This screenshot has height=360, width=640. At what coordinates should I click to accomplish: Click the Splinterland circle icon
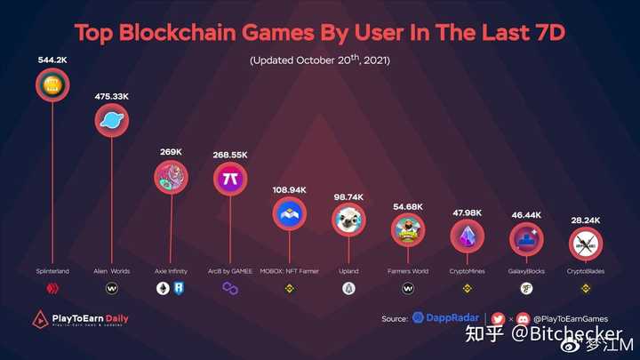pyautogui.click(x=52, y=86)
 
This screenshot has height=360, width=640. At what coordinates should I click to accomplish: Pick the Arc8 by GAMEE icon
pyautogui.click(x=230, y=179)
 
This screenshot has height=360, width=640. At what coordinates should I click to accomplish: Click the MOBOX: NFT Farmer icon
pyautogui.click(x=289, y=212)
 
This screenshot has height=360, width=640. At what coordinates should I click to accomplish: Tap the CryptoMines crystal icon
pyautogui.click(x=468, y=236)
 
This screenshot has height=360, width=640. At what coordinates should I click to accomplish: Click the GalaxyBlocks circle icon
pyautogui.click(x=526, y=238)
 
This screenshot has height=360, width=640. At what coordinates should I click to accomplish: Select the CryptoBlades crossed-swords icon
pyautogui.click(x=585, y=243)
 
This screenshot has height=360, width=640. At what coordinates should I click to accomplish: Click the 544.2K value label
pyautogui.click(x=53, y=60)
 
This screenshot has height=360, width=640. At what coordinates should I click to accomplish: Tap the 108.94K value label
pyautogui.click(x=289, y=189)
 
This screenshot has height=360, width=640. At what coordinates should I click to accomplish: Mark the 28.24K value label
pyautogui.click(x=585, y=218)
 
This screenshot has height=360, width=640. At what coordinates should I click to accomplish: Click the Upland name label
pyautogui.click(x=348, y=271)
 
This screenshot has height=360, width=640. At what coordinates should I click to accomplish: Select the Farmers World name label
pyautogui.click(x=408, y=271)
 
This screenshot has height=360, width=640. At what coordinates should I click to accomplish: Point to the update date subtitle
pyautogui.click(x=319, y=60)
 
